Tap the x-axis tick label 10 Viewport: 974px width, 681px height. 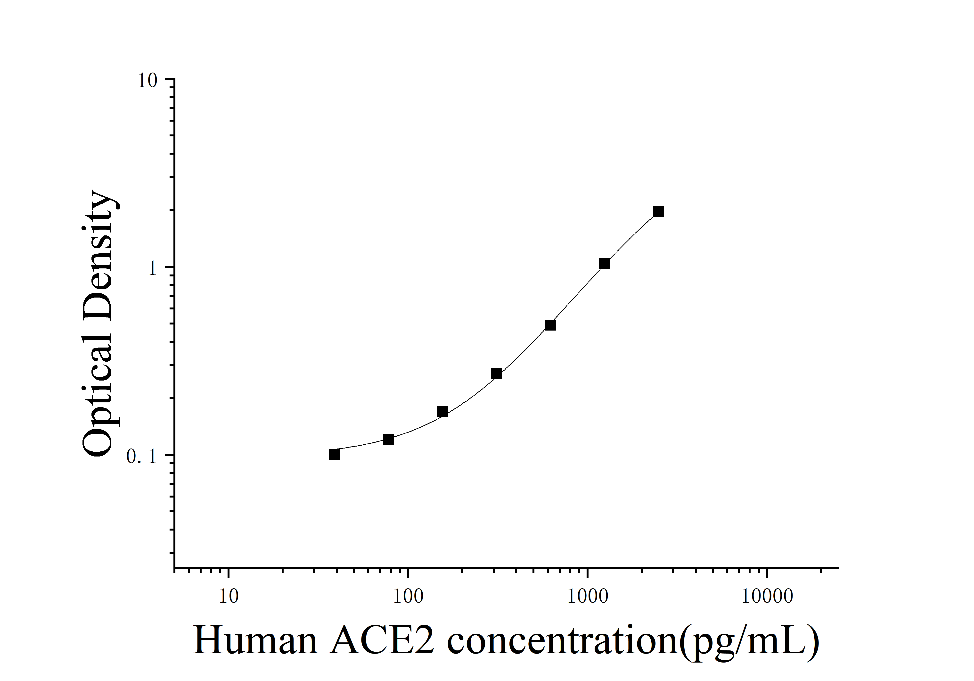(229, 597)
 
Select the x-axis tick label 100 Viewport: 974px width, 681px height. (408, 597)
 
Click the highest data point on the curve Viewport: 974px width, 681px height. (658, 211)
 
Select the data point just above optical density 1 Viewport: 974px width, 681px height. (605, 264)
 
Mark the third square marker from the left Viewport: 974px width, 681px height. (442, 411)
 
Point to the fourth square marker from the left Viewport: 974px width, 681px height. (496, 374)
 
